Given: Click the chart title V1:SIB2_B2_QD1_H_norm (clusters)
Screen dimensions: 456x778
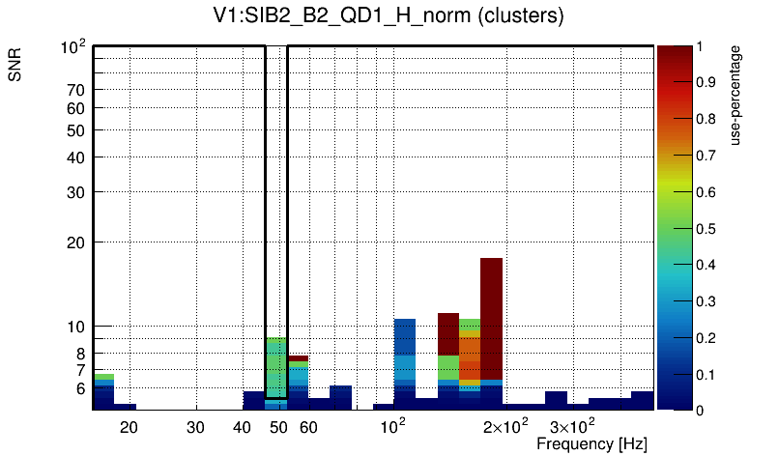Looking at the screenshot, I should click(388, 16).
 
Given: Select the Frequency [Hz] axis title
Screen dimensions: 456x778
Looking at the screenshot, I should click(591, 443).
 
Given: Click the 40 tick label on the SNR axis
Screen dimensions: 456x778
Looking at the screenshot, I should click(76, 157).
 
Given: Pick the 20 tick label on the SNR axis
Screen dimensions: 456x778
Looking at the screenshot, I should click(76, 242).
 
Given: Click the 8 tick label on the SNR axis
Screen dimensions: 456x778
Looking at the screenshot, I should click(80, 354).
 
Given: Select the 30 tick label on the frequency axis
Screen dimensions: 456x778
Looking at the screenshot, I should click(195, 426).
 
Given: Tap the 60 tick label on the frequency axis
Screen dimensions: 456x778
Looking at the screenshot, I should click(307, 426).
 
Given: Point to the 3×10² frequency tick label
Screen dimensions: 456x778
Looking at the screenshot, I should click(573, 425).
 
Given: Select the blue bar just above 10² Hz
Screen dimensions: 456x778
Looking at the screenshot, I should click(405, 338).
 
